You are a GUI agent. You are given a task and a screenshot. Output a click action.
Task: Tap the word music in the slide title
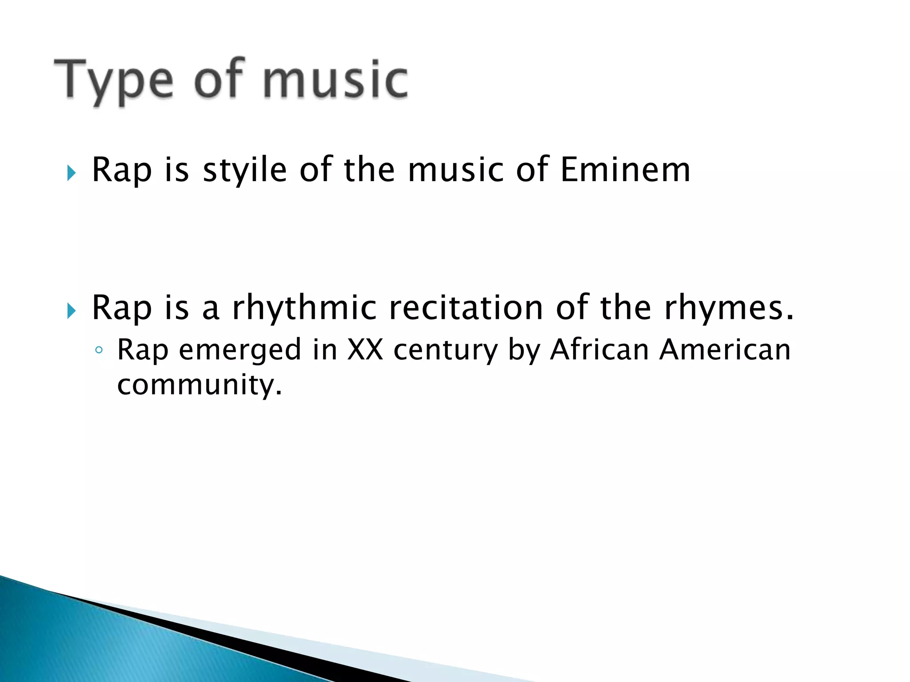coord(335,80)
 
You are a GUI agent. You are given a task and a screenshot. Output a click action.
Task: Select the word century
coord(446,350)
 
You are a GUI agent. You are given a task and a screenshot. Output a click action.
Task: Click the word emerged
coord(240,350)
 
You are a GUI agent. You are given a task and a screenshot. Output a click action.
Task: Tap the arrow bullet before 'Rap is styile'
coord(71,173)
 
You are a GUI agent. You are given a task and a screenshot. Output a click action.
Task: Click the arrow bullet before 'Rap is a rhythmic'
coord(71,311)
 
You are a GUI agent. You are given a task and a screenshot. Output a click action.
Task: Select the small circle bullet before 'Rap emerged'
coord(99,350)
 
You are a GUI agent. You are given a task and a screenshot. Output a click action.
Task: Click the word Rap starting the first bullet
coord(121,170)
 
